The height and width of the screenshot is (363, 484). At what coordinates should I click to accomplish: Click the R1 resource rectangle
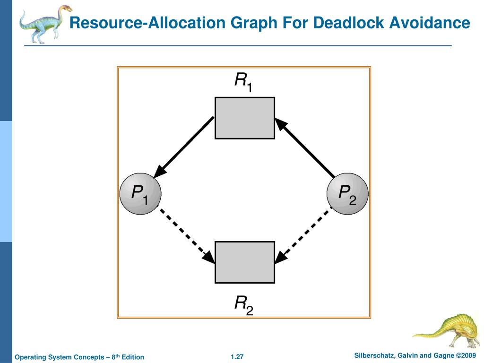tap(244, 118)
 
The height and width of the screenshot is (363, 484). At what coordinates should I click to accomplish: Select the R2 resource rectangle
tap(244, 262)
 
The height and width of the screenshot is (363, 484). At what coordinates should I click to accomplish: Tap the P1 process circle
tap(140, 194)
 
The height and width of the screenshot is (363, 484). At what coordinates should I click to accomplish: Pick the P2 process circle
tap(347, 194)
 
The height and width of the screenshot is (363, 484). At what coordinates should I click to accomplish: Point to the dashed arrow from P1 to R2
tap(186, 235)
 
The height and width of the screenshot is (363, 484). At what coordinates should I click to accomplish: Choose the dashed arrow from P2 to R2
tap(303, 235)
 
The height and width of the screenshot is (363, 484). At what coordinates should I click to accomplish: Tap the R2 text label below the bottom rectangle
tap(244, 304)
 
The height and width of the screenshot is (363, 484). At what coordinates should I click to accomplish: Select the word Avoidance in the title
tap(430, 23)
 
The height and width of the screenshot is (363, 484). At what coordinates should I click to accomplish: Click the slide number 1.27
tap(237, 356)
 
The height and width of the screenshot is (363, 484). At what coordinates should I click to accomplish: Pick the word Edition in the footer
tap(133, 357)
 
